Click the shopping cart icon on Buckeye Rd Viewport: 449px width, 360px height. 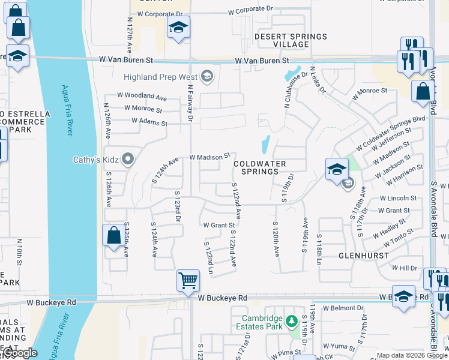[x=188, y=280]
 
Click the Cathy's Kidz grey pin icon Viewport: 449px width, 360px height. [x=127, y=160]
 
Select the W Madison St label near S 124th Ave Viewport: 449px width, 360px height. [x=209, y=156]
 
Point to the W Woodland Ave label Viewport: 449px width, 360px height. [x=142, y=96]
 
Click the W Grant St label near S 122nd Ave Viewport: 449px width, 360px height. [x=218, y=226]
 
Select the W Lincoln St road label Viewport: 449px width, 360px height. [x=398, y=198]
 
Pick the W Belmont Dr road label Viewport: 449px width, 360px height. [x=344, y=308]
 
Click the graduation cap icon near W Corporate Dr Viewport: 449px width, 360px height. [x=178, y=28]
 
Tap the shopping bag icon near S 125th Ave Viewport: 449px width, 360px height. [x=113, y=236]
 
